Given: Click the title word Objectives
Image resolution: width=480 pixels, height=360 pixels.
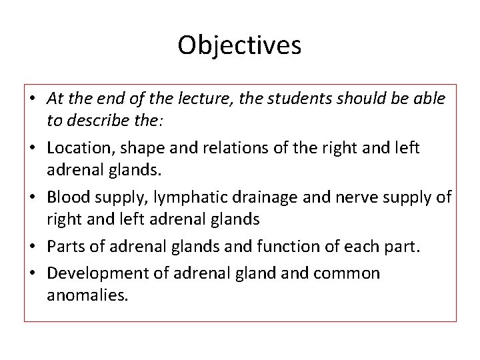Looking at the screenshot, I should click(x=239, y=45).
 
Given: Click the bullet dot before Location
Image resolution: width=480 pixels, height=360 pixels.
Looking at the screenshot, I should click(x=33, y=148).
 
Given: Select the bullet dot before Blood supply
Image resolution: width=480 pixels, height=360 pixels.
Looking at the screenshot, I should click(x=33, y=197).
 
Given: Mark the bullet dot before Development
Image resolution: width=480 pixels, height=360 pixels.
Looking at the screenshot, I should click(x=33, y=273).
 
